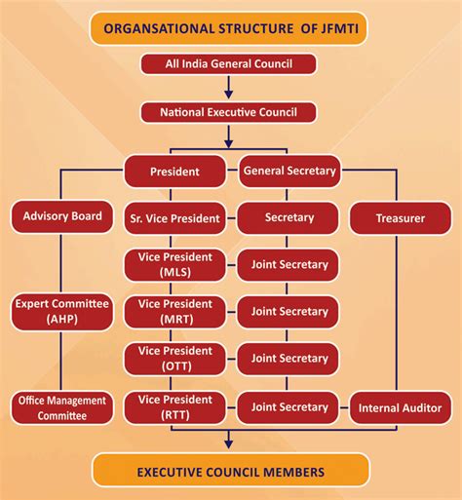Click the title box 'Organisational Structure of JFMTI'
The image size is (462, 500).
[230, 28]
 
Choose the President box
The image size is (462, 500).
[175, 172]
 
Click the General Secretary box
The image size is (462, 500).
[289, 171]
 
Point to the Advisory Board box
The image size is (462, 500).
[61, 216]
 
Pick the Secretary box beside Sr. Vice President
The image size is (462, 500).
[289, 217]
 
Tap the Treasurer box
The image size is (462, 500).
[401, 217]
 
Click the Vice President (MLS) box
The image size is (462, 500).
[175, 264]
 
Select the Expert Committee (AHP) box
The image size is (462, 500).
[61, 311]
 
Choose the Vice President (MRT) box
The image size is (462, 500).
[175, 311]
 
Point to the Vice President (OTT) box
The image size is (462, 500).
[175, 358]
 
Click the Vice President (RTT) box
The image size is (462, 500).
[175, 405]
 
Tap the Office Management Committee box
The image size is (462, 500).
[61, 407]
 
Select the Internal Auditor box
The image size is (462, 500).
[401, 407]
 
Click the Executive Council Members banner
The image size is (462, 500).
[230, 471]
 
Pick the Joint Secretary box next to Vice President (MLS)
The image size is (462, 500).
[289, 264]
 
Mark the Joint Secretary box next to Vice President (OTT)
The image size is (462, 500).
[289, 358]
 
